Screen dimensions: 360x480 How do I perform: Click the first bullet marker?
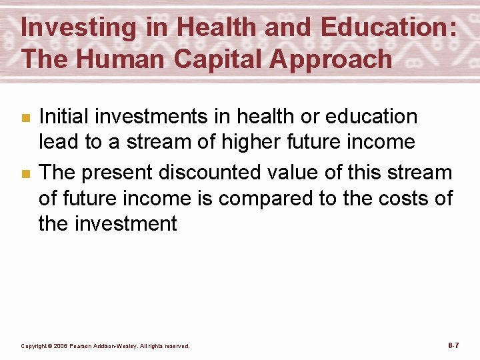tap(25, 118)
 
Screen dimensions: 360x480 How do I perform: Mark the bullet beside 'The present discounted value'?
tap(25, 174)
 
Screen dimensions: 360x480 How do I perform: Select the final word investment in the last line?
tap(126, 223)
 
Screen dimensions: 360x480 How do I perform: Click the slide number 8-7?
tap(453, 345)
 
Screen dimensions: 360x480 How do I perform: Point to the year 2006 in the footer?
tap(59, 346)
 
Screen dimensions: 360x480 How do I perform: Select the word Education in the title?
tap(389, 29)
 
